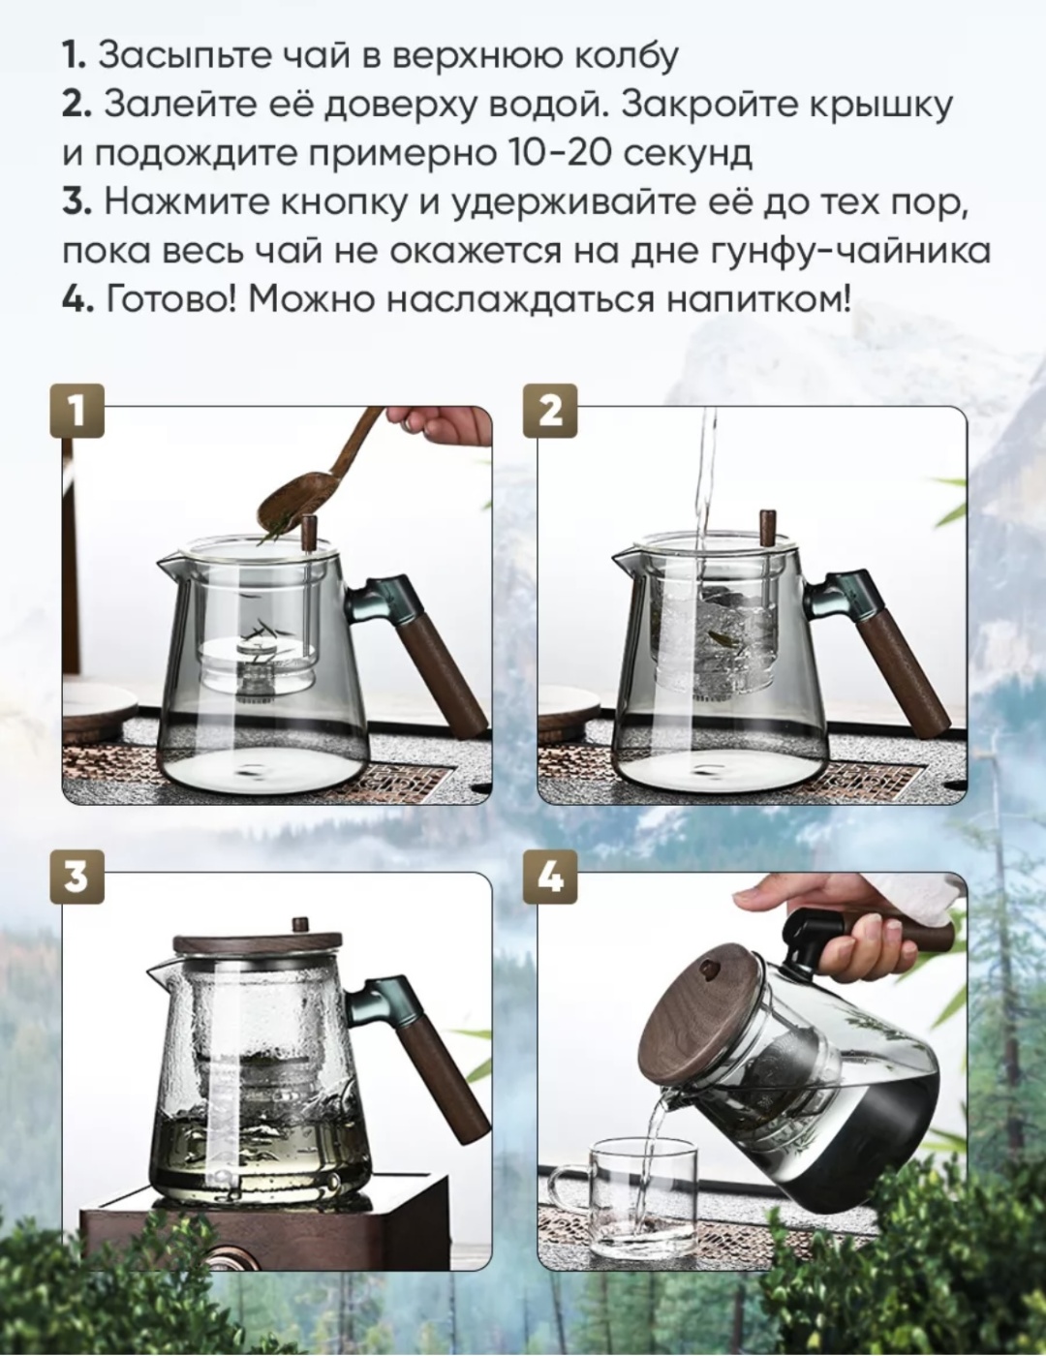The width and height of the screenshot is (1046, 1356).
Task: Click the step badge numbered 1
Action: [77, 412]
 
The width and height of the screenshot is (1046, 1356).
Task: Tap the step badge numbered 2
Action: [549, 412]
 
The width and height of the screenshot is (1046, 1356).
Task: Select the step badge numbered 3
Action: [77, 877]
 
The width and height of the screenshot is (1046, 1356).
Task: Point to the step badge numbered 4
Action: [549, 877]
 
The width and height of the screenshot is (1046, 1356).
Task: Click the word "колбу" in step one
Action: [625, 57]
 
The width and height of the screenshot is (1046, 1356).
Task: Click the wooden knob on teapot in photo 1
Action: [309, 534]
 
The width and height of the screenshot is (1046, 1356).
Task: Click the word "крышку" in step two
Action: [880, 106]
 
